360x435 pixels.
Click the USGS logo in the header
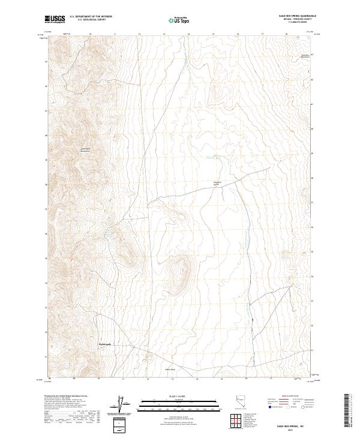click(55, 19)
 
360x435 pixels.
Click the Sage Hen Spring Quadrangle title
click(298, 16)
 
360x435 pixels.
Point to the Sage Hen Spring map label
click(218, 183)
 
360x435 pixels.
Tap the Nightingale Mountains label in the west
click(85, 150)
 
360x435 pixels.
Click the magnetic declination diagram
click(122, 404)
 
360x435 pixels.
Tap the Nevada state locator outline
click(241, 402)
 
